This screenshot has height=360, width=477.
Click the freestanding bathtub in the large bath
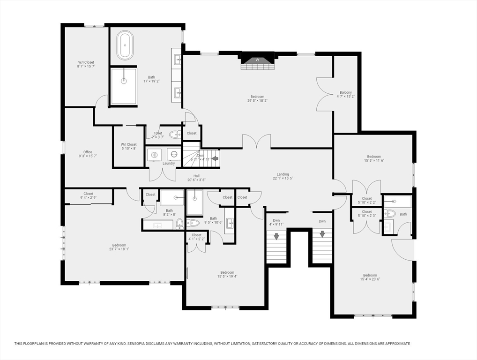(x=125, y=45)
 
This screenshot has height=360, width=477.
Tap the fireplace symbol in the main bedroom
(x=257, y=60)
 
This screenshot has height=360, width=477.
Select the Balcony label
(x=345, y=94)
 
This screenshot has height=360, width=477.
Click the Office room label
(x=88, y=154)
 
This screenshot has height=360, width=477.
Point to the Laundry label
(x=169, y=164)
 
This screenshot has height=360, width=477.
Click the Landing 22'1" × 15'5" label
(x=283, y=176)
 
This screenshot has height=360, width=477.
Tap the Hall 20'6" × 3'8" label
(x=196, y=178)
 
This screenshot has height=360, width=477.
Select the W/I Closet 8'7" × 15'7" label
(x=86, y=64)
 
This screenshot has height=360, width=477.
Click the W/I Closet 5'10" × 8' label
(x=128, y=146)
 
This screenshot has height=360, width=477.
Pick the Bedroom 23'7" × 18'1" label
(x=119, y=247)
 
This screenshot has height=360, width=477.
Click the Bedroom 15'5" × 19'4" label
(x=227, y=274)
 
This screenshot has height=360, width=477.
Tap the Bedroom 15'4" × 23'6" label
(x=370, y=277)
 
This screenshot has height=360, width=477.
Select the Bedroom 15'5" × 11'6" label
(x=374, y=158)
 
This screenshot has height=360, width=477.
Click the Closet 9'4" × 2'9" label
(x=89, y=195)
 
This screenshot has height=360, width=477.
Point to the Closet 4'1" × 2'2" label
(x=196, y=237)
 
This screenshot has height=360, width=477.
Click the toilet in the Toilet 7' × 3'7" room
(x=174, y=135)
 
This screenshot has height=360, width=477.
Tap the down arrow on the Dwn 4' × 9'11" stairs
(x=276, y=236)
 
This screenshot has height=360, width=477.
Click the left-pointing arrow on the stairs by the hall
(x=215, y=158)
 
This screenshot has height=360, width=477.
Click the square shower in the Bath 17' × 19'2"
(x=124, y=86)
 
